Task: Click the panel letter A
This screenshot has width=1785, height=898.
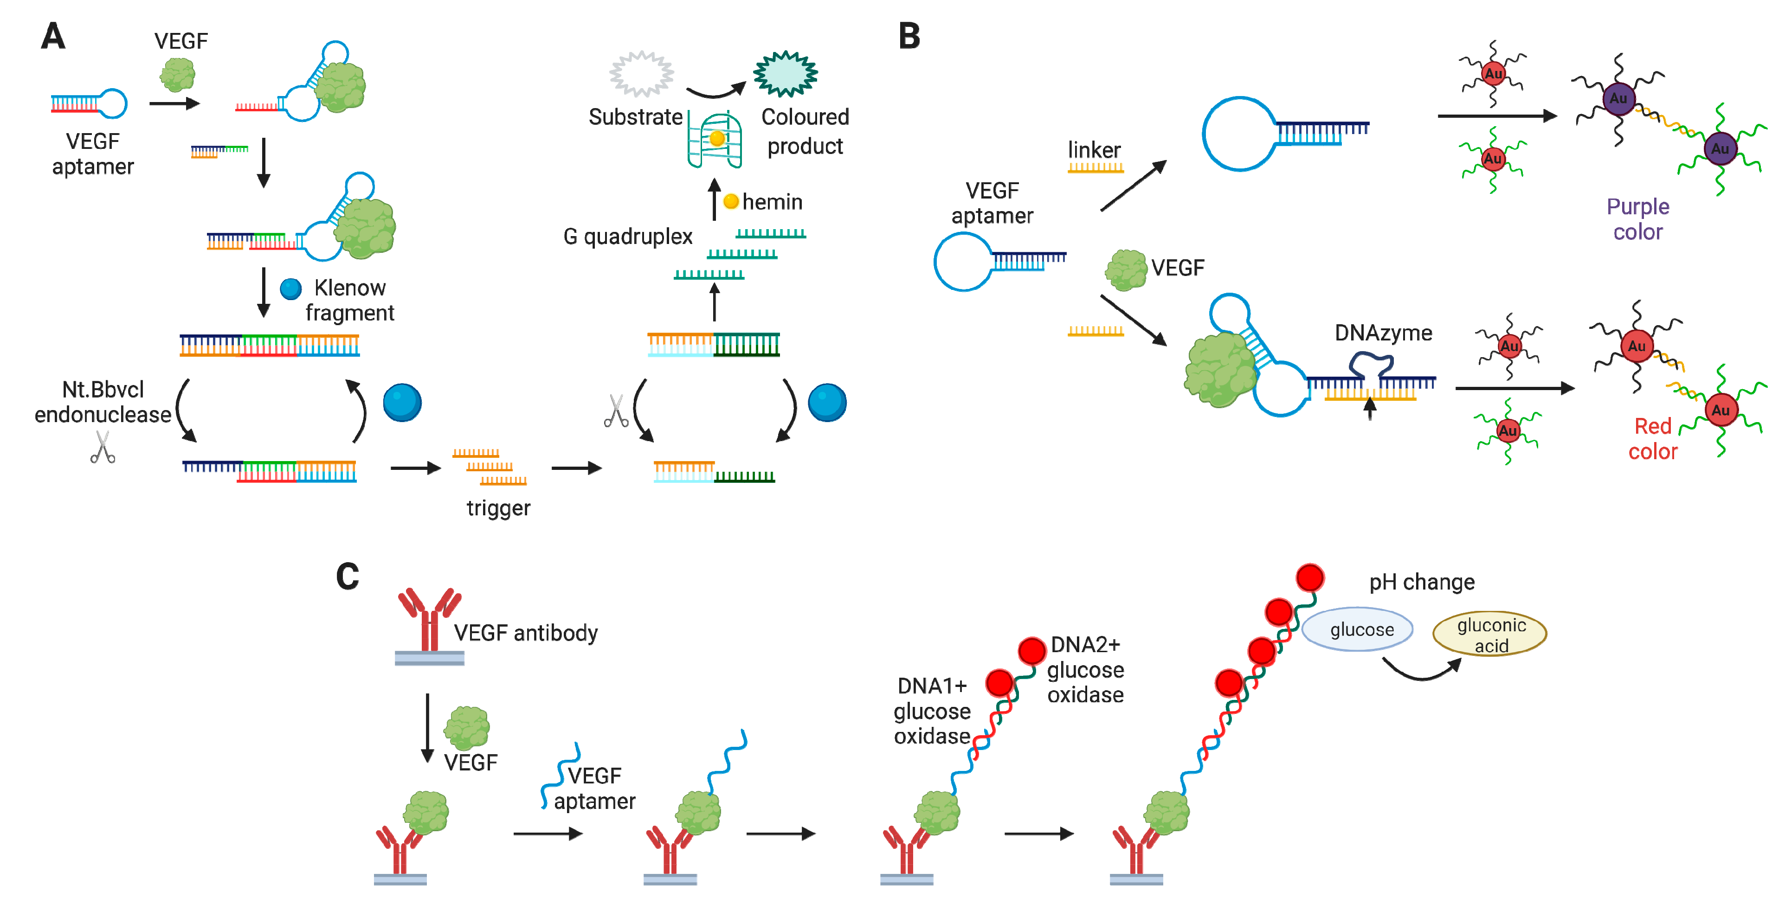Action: (x=53, y=36)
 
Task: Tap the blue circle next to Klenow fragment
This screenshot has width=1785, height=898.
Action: (x=290, y=288)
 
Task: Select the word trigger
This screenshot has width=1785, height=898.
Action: (x=498, y=508)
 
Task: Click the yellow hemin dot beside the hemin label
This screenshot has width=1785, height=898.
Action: (x=730, y=202)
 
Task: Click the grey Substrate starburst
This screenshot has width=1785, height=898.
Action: (x=641, y=73)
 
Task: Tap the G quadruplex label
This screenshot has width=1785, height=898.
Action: (x=627, y=237)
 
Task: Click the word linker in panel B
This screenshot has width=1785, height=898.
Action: (x=1094, y=150)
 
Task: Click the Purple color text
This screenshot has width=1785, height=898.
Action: (x=1637, y=219)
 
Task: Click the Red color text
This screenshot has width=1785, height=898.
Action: (x=1653, y=439)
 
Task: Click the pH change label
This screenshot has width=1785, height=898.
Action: (x=1421, y=582)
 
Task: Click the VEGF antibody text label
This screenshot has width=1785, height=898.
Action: (x=525, y=633)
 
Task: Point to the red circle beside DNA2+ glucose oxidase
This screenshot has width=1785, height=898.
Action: (x=1032, y=651)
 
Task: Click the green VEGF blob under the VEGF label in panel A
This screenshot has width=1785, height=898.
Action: (x=177, y=75)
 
